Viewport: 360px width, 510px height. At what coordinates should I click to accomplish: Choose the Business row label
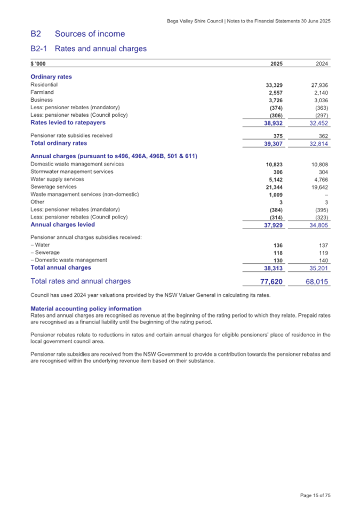42,100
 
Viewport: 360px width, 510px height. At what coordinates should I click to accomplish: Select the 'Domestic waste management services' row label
77,164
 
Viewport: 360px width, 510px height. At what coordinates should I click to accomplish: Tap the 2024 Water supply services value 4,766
322,180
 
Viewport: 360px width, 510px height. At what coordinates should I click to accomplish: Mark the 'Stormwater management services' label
72,172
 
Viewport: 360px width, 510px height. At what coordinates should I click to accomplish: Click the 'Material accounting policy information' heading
86,309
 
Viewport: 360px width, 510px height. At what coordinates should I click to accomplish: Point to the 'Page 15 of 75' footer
315,496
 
